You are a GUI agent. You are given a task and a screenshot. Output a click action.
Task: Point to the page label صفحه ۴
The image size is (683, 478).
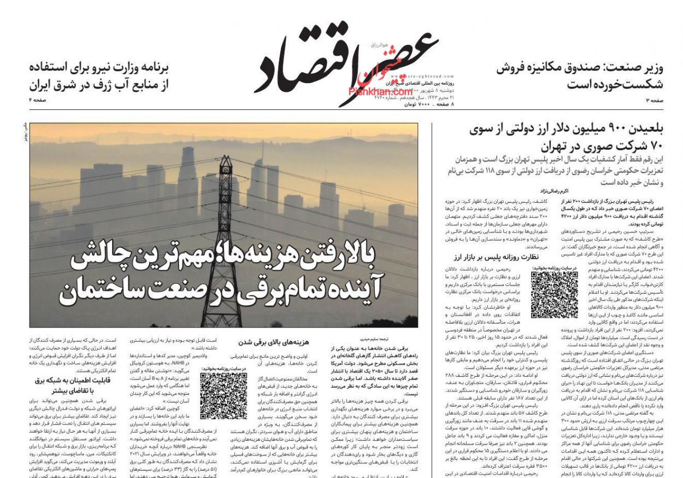tap(38, 100)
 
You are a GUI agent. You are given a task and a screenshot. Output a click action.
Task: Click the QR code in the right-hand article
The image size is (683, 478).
tap(554, 295)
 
